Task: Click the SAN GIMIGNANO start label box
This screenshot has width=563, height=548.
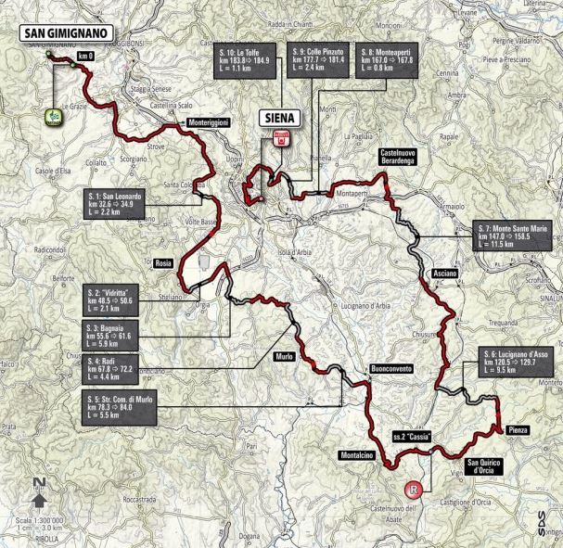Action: click(x=65, y=31)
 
